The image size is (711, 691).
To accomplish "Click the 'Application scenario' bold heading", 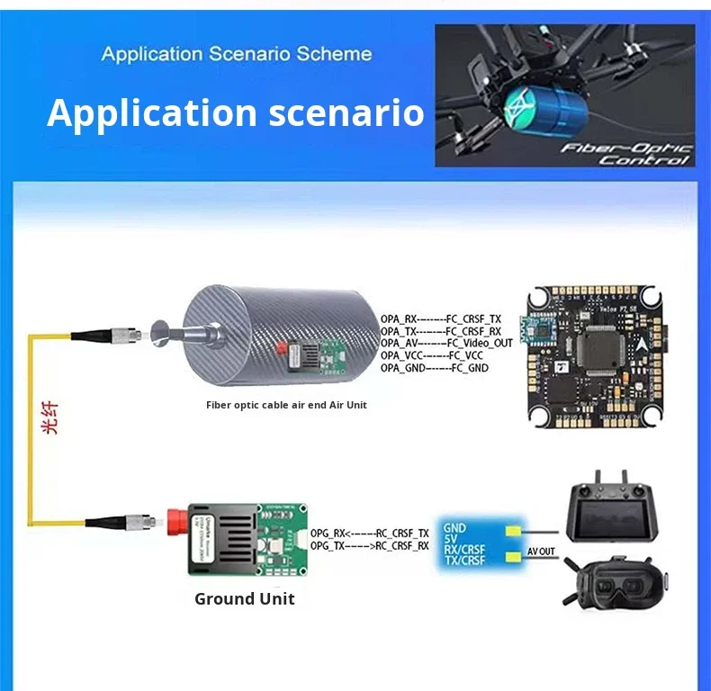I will (235, 113).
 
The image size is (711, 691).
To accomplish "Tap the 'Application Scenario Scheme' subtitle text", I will (236, 53).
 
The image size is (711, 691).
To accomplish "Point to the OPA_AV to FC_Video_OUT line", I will (446, 343).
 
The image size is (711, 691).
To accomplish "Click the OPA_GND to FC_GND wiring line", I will (434, 368).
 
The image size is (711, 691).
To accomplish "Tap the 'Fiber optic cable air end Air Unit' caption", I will (286, 405).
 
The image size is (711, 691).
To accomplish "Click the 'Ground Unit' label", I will (244, 598).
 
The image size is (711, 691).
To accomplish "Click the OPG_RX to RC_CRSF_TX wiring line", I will (369, 534).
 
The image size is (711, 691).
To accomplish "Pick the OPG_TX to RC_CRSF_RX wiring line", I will (369, 546).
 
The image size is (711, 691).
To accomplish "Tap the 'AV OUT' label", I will (542, 552).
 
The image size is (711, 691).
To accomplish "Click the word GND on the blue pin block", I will (454, 527).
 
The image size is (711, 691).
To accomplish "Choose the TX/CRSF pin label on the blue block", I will (464, 561).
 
